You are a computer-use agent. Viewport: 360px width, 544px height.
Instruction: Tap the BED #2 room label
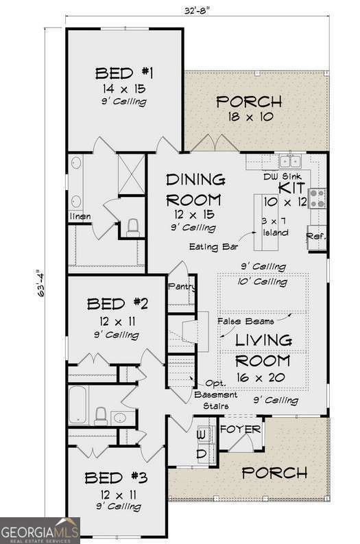coord(115,304)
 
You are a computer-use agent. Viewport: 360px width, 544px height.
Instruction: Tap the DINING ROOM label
coord(195,190)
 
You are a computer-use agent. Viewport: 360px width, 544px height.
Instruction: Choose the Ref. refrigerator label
coord(316,235)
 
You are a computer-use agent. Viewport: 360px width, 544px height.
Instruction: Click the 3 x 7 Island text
coord(276,226)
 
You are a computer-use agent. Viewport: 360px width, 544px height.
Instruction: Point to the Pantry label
coord(182,286)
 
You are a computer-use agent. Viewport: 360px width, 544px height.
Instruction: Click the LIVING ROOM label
coord(263,350)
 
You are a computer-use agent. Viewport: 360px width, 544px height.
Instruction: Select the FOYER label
coord(240,429)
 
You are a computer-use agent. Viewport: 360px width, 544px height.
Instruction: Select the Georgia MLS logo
coord(40,530)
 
